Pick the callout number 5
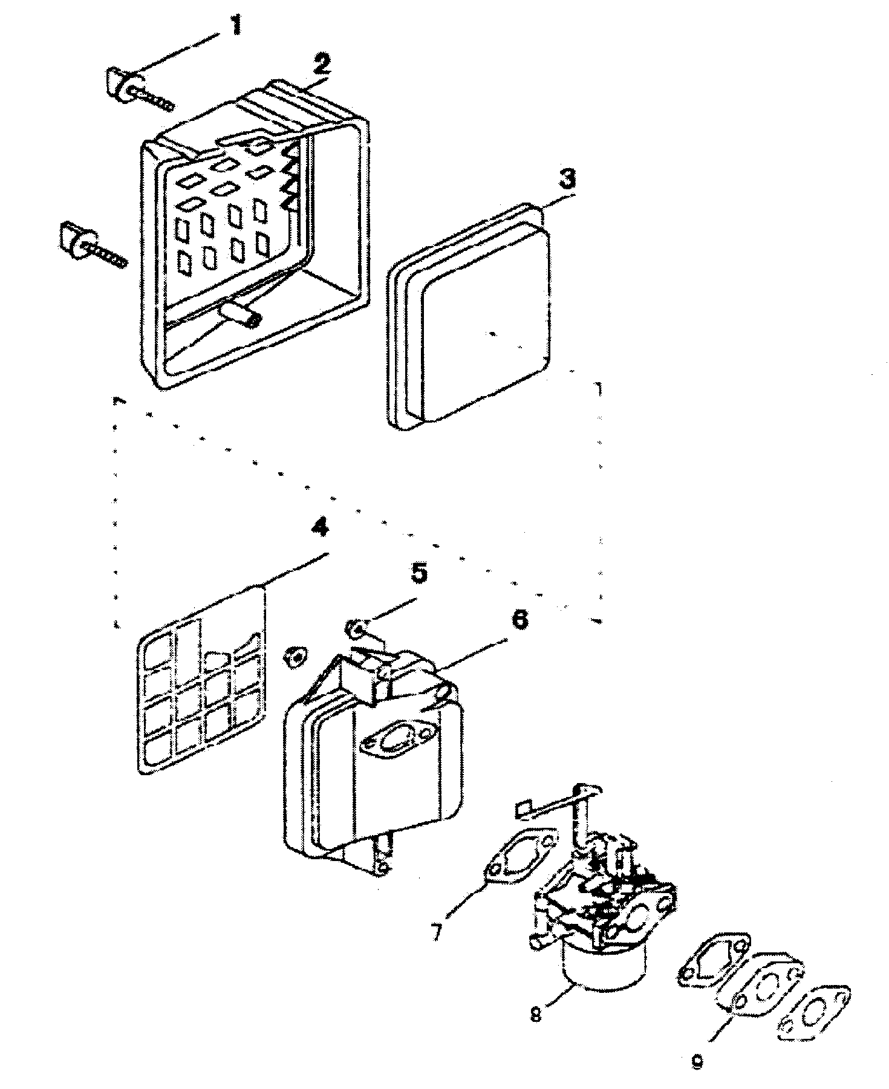coord(418,573)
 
